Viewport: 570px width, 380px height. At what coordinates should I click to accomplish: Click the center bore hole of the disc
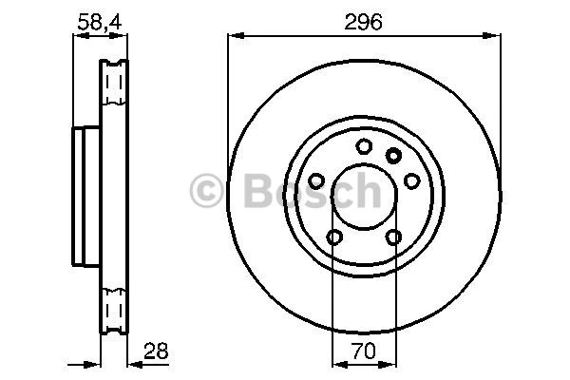click(x=364, y=197)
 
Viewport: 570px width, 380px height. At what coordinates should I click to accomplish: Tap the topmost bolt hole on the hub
click(x=364, y=146)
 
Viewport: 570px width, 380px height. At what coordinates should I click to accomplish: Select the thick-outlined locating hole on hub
click(x=394, y=156)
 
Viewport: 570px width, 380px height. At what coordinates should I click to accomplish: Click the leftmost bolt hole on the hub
click(x=315, y=180)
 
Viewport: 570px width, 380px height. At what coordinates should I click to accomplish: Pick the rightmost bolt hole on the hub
click(x=412, y=180)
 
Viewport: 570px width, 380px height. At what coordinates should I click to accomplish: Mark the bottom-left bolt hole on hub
click(x=334, y=237)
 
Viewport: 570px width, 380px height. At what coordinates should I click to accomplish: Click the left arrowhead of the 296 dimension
click(x=234, y=36)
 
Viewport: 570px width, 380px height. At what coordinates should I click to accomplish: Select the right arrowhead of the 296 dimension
click(x=496, y=36)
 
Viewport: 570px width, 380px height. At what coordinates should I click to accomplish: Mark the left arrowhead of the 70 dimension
click(x=335, y=361)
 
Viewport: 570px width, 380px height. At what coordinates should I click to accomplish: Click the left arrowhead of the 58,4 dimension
click(x=79, y=36)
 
